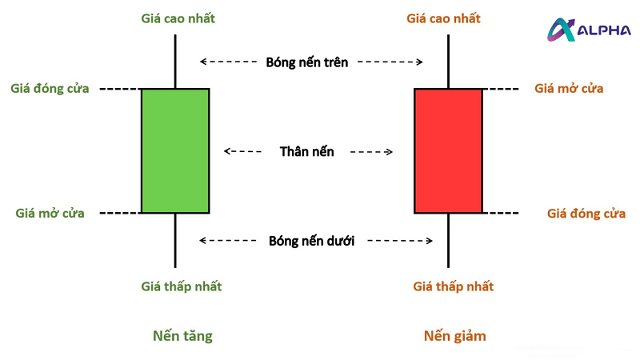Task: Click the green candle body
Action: [175, 150]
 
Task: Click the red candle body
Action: [448, 150]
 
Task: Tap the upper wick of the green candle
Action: [175, 61]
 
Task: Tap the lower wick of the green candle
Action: [175, 240]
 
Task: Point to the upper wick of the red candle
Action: [448, 61]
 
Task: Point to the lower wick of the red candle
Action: [448, 240]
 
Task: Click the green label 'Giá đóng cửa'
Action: [50, 88]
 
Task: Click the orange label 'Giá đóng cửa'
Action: [586, 213]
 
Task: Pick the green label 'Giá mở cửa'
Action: [50, 213]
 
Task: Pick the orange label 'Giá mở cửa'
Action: [569, 88]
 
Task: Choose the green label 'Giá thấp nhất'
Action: [182, 286]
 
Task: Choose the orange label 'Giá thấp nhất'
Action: [454, 286]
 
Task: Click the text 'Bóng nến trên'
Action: [307, 62]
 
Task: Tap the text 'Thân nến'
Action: [307, 150]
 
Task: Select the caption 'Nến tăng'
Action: [182, 336]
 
